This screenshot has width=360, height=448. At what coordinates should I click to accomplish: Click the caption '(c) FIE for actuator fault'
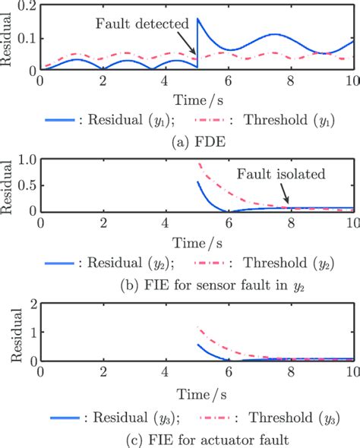click(x=179, y=437)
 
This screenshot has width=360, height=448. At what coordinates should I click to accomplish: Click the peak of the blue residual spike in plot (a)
click(x=197, y=18)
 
